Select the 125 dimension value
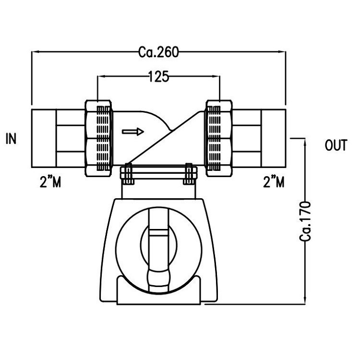158,77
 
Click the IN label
12,140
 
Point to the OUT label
336,146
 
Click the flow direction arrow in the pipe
132,132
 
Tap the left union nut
99,138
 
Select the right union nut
219,138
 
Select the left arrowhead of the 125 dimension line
100,77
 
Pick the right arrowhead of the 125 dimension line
217,77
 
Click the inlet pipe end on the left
43,138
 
